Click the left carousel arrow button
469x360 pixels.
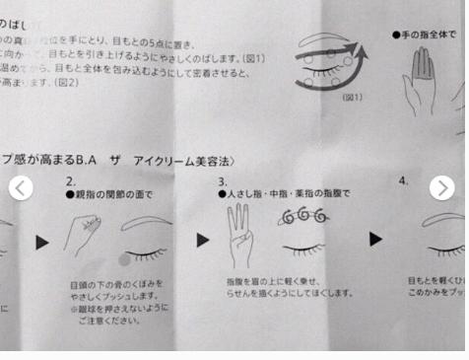click(21, 187)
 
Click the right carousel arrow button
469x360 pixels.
click(442, 187)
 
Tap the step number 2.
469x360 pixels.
click(70, 181)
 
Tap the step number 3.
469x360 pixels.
click(223, 181)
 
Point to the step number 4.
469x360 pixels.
click(403, 181)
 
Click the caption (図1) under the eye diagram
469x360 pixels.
click(352, 98)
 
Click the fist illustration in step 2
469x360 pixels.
click(82, 235)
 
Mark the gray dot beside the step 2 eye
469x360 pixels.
click(123, 259)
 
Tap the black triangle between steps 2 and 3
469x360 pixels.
click(202, 240)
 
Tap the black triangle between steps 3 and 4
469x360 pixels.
click(375, 239)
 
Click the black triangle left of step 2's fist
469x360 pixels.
click(41, 241)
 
